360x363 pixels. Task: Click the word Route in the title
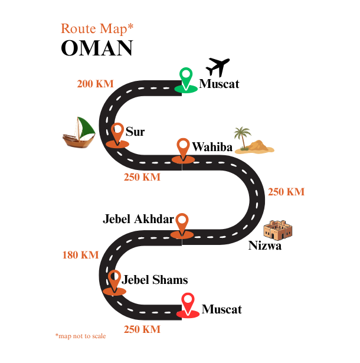tap(78, 28)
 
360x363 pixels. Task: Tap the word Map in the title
tap(113, 28)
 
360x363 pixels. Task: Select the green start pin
tap(186, 77)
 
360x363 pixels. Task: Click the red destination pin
tap(188, 302)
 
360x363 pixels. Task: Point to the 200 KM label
tap(95, 84)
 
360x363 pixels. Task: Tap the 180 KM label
tap(80, 255)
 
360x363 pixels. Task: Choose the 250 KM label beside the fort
tap(286, 192)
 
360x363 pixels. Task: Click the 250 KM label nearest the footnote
tap(142, 329)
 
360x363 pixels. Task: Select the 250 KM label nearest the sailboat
tap(142, 177)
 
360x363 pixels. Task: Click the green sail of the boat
tap(86, 126)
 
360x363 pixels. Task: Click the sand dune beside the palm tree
tap(258, 146)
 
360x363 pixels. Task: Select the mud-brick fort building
tap(277, 230)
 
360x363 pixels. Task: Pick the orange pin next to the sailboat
tap(117, 132)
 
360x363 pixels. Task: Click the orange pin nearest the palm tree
tap(184, 147)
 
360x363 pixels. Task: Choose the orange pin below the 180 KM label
tap(114, 279)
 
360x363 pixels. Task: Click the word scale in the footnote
tap(98, 336)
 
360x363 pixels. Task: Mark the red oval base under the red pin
tap(188, 314)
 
